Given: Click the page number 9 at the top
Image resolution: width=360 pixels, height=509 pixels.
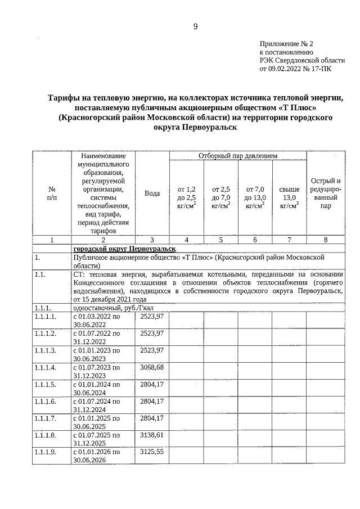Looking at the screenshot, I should [195, 26].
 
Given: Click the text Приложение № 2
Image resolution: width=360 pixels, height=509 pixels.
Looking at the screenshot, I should [286, 43].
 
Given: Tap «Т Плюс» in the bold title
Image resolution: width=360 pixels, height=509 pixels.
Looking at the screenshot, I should [301, 108].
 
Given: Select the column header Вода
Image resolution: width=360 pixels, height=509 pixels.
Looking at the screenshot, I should [152, 193].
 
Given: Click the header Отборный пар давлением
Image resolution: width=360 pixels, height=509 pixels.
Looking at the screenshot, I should [238, 155].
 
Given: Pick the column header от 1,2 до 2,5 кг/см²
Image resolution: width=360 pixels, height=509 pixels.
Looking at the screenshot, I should [186, 198].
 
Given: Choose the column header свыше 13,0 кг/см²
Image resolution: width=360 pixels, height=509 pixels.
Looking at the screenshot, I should [289, 198].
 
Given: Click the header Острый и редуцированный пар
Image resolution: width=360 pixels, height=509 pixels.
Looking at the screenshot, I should [326, 193].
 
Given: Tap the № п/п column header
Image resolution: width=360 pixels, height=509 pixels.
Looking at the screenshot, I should [52, 193].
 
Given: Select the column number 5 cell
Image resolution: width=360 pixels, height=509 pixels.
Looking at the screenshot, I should [220, 240].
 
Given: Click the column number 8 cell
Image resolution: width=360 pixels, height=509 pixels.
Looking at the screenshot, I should [326, 240].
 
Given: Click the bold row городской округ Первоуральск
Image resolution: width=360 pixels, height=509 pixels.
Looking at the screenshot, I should [124, 249].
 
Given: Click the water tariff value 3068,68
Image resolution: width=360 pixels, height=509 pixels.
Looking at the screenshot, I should [152, 367].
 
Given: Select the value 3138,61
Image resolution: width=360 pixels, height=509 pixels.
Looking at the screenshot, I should [152, 435].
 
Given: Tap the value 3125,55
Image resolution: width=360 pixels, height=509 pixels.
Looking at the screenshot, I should [152, 452].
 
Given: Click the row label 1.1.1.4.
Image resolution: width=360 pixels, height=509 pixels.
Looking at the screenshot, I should [44, 367].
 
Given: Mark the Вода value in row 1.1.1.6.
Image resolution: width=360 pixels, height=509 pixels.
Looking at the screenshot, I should [152, 401].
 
